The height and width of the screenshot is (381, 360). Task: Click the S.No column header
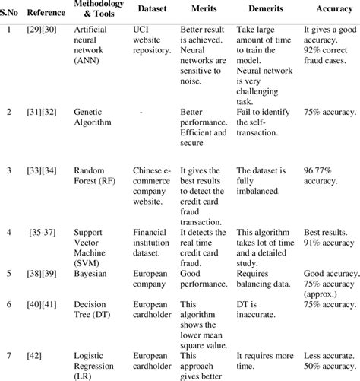[x=9, y=13]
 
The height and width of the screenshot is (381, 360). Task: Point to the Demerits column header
[x=263, y=13]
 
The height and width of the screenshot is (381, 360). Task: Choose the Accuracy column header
[x=332, y=13]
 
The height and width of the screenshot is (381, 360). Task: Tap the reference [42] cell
[x=38, y=354]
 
